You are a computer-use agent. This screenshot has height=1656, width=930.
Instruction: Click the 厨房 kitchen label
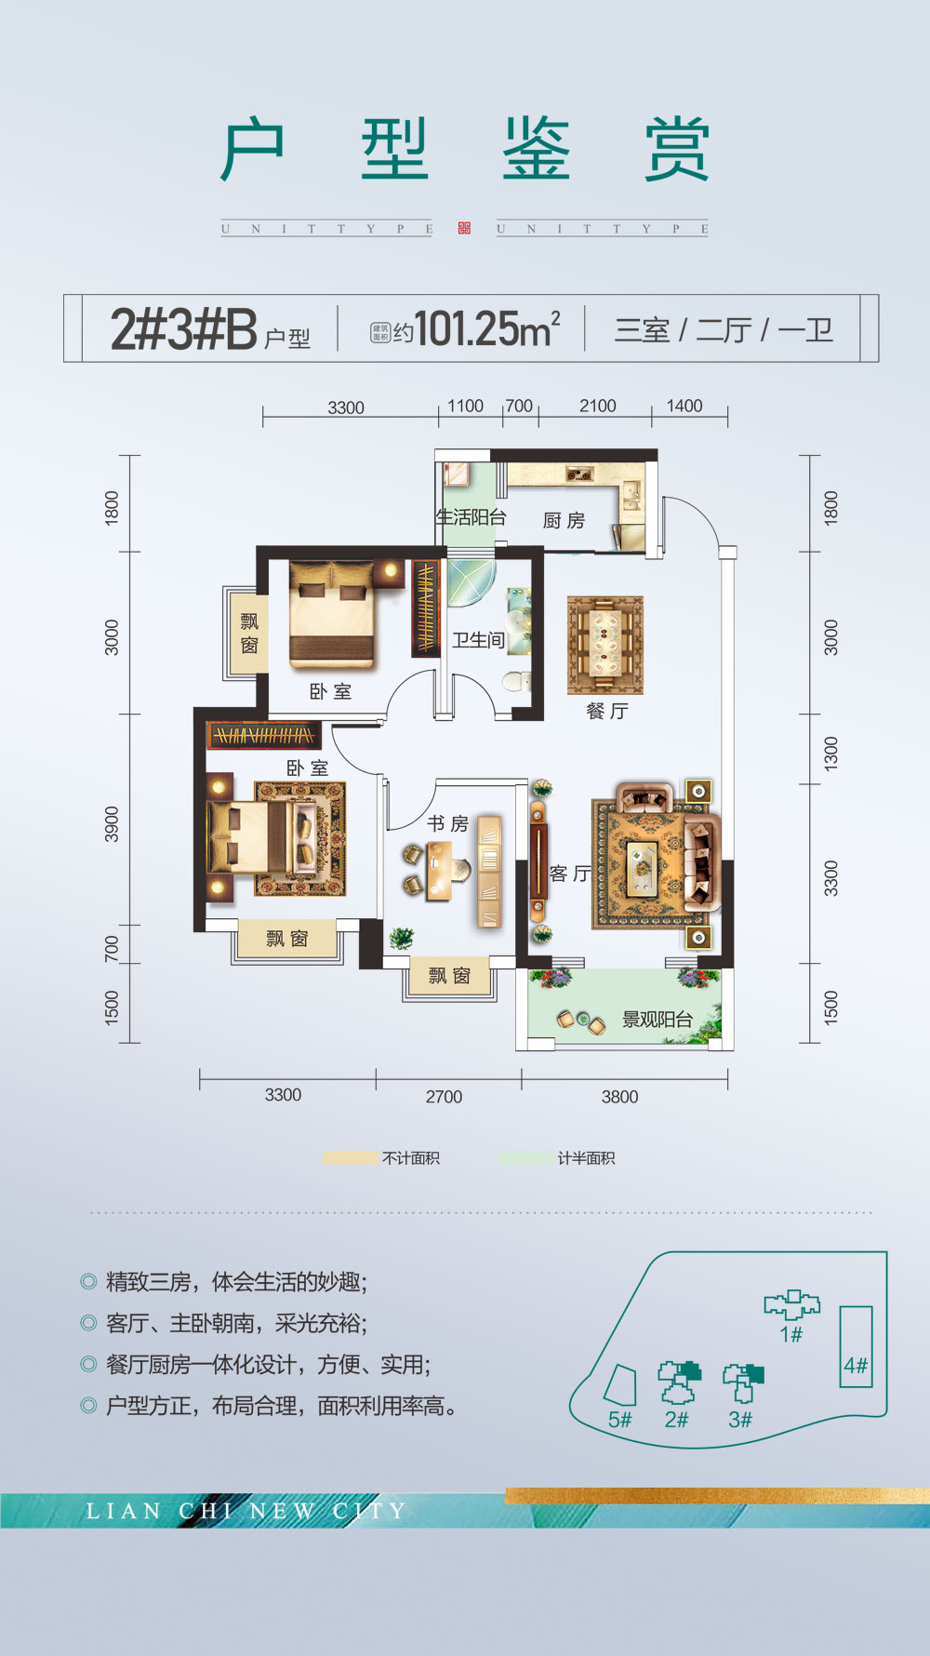click(x=564, y=520)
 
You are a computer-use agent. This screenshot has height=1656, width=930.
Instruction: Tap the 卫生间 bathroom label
click(x=478, y=640)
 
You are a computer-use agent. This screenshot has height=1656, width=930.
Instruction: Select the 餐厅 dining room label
click(x=606, y=712)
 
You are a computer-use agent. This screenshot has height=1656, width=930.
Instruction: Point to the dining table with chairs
click(x=605, y=645)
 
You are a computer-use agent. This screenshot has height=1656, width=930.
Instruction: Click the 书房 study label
click(x=447, y=823)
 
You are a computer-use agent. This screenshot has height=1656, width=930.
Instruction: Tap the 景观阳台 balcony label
click(x=657, y=1020)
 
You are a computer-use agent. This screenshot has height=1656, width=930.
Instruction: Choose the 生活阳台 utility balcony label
click(x=471, y=517)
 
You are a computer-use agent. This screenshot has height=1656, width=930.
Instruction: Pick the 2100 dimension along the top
click(x=597, y=407)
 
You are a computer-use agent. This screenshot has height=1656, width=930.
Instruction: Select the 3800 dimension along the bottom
click(x=619, y=1097)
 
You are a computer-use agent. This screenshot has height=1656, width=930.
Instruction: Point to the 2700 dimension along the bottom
click(x=444, y=1097)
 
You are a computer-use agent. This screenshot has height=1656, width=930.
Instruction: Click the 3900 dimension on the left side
click(x=112, y=824)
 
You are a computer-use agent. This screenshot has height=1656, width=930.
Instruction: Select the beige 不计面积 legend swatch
click(x=352, y=1158)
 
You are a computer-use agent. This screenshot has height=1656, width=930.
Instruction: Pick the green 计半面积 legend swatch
click(x=525, y=1158)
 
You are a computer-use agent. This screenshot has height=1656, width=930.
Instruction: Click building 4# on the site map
click(x=856, y=1346)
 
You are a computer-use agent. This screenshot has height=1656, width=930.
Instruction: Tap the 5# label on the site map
click(x=619, y=1420)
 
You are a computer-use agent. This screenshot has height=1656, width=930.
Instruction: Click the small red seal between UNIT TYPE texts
click(x=464, y=228)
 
